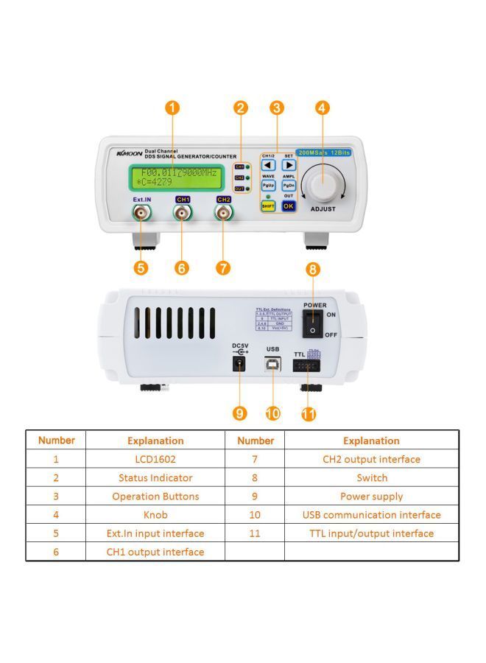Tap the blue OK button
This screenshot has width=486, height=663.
coord(289,206)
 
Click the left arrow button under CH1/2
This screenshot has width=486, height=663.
coord(269,165)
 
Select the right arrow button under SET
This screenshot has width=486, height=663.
coord(289,165)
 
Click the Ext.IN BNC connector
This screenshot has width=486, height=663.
coord(141,214)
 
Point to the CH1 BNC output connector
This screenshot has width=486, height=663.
coord(183,214)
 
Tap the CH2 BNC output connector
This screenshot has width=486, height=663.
coord(224,214)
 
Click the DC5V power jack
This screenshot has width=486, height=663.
coord(239,364)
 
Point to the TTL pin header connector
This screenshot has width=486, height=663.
coord(308,366)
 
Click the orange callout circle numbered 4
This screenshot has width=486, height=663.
coord(322,108)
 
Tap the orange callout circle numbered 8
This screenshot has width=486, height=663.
coord(314,270)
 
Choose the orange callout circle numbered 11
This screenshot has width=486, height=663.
coord(309,414)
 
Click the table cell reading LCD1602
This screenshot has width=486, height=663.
coord(155,459)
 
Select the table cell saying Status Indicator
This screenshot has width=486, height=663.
coord(155,477)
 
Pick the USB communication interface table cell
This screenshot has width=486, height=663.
coord(371,515)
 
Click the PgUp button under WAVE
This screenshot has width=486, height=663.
coord(269,186)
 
